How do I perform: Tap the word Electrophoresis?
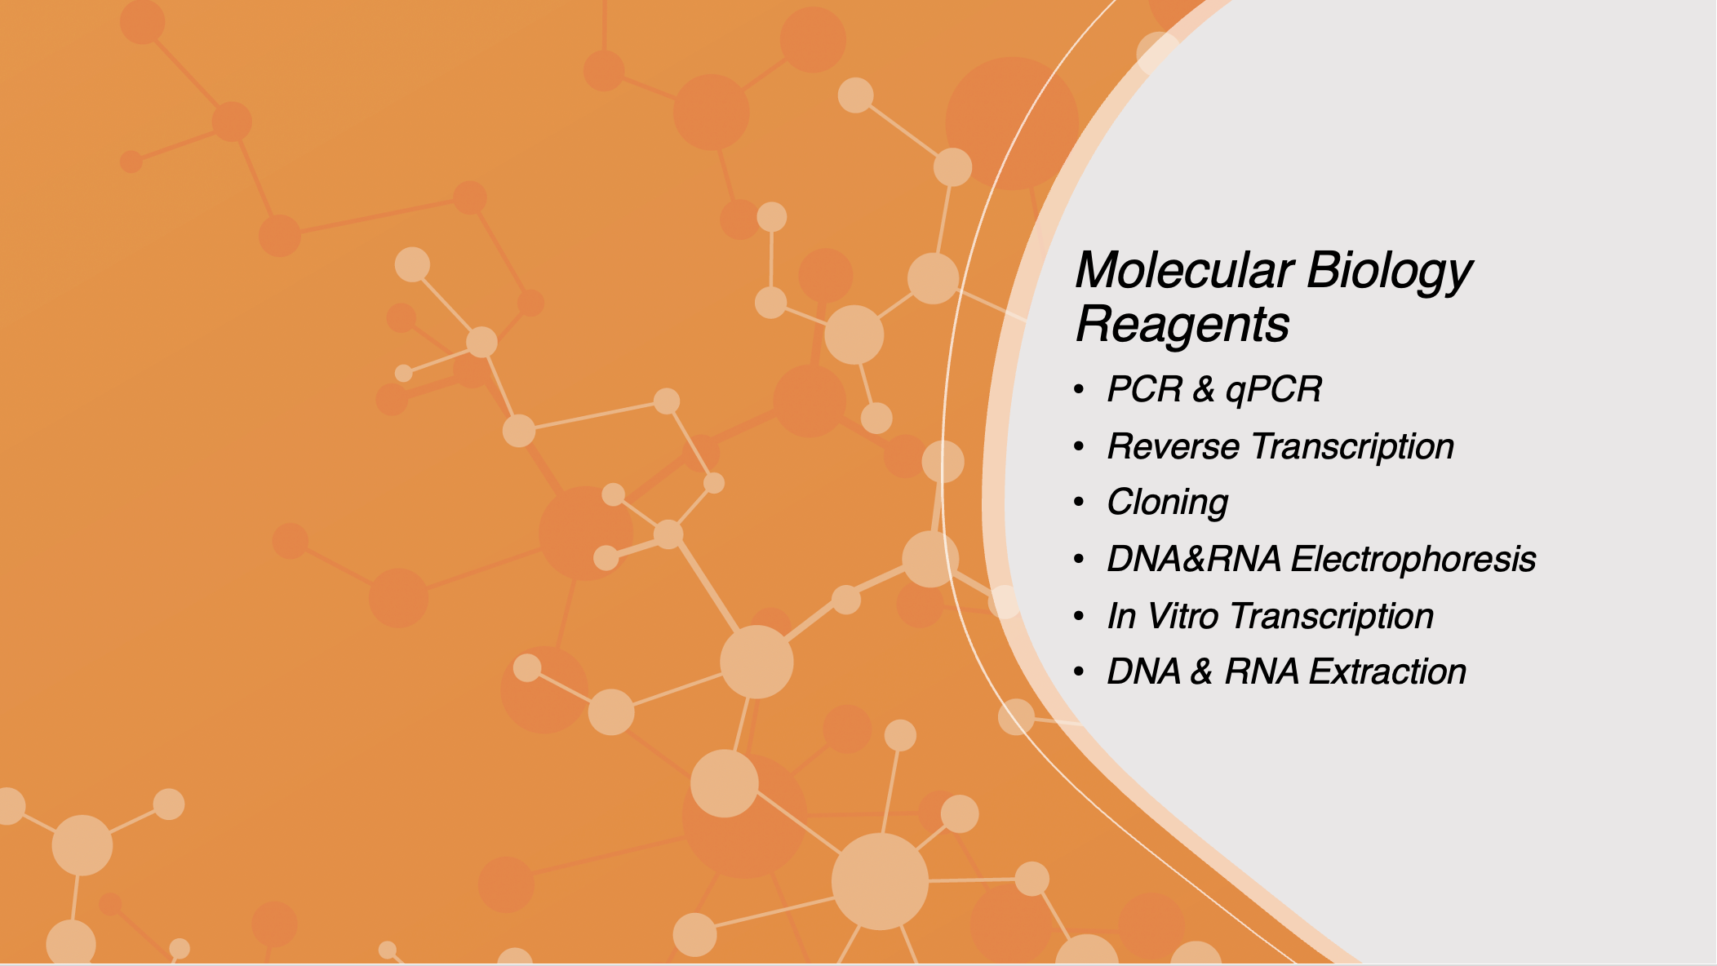click(x=1413, y=560)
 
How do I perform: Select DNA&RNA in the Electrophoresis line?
click(x=1194, y=560)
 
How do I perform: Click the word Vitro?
click(x=1182, y=616)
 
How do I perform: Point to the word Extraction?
click(x=1387, y=672)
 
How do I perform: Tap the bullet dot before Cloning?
click(x=1080, y=503)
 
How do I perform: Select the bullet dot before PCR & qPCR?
click(x=1080, y=390)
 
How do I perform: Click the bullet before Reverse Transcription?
click(x=1080, y=447)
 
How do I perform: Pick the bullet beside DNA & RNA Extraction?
click(x=1080, y=672)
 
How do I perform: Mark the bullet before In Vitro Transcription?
click(x=1080, y=616)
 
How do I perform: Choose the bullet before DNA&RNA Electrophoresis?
click(x=1080, y=560)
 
